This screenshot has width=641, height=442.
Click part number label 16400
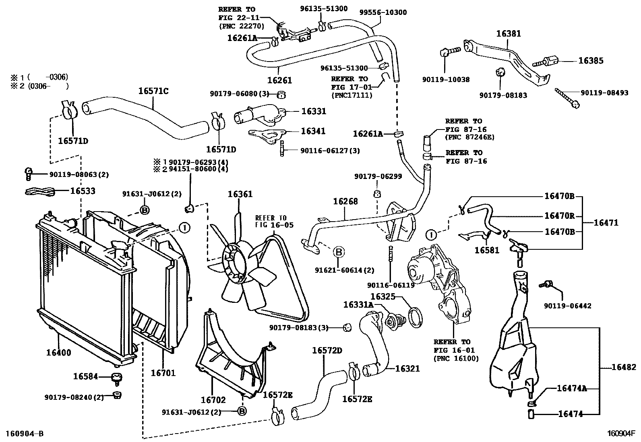click(x=59, y=352)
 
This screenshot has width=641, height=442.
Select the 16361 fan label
click(x=240, y=194)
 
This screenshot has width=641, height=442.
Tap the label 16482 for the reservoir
click(x=624, y=367)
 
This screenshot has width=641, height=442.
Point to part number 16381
click(x=509, y=34)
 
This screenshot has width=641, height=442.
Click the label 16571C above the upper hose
click(x=153, y=91)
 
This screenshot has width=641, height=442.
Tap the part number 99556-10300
click(x=383, y=12)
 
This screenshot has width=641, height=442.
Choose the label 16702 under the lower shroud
click(x=213, y=400)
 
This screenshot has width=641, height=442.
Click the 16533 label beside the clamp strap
click(x=83, y=191)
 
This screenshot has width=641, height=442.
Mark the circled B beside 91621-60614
click(x=339, y=252)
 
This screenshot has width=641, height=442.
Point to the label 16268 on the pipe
click(x=345, y=201)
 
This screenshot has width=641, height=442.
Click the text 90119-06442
click(x=567, y=306)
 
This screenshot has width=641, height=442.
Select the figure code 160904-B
click(x=25, y=434)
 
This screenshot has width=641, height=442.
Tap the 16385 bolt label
click(x=591, y=61)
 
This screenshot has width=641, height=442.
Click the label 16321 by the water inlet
click(x=407, y=368)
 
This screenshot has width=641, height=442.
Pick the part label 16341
click(x=313, y=131)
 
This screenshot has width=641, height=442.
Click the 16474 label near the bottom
click(x=570, y=414)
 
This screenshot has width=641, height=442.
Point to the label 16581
click(x=487, y=251)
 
